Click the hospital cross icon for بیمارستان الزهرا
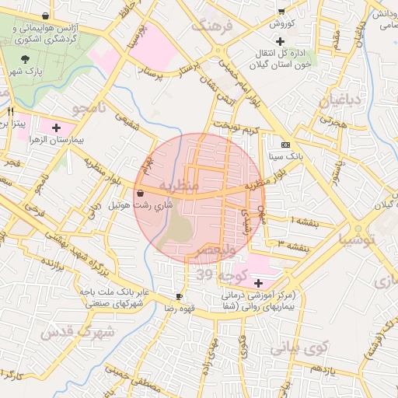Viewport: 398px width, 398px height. [x=56, y=127]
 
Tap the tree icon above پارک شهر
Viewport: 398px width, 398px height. [x=27, y=58]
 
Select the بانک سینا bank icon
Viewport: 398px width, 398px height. [x=285, y=145]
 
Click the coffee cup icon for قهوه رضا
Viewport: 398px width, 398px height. [x=180, y=297]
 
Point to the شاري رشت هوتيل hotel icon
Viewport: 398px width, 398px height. [x=140, y=193]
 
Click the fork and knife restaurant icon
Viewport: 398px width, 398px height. [x=10, y=111]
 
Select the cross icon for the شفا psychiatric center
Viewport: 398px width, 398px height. [x=258, y=283]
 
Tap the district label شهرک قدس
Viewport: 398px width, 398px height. [x=86, y=332]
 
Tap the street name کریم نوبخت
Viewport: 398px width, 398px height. [x=240, y=126]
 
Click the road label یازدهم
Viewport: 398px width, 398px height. [x=341, y=369]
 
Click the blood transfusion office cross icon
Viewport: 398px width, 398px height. [x=280, y=40]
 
